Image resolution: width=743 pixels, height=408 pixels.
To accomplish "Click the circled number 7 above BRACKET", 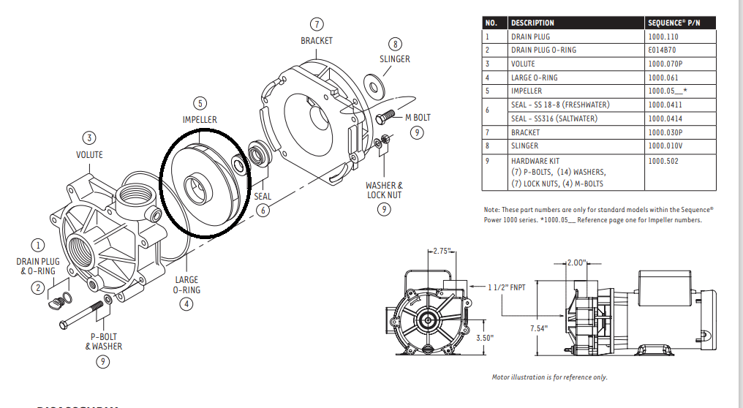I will pos(316,26).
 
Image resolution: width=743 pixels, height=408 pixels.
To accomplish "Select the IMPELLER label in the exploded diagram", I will pos(200,119).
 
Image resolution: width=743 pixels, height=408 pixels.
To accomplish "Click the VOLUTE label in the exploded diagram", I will pos(89,154).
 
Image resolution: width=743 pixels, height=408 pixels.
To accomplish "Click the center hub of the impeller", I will pos(197,186).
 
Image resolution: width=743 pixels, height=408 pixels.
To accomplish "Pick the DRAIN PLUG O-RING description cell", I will pos(543,50).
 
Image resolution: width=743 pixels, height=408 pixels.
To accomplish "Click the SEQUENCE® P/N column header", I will pos(674,23).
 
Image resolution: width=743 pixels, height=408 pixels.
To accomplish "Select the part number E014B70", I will pos(663,50).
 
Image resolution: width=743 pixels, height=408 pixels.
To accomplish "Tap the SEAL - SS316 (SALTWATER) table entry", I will pos(559,118).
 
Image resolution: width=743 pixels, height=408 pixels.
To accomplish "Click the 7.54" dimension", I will pos(538,329).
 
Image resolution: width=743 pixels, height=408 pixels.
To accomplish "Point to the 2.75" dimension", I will pos(440,251).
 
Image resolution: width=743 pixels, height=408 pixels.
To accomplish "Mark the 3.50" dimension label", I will pos(483,338).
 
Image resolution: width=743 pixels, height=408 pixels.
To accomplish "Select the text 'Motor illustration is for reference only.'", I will pos(549,377).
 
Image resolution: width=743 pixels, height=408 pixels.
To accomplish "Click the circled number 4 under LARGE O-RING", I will pos(187,303).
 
